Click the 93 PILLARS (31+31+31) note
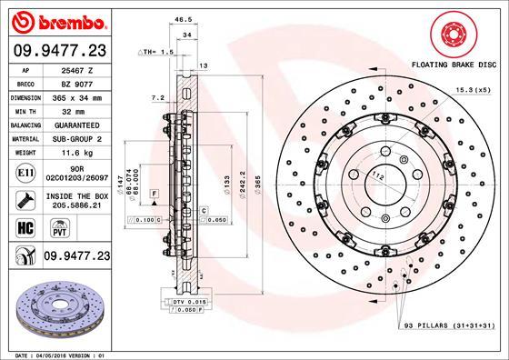[x=444, y=325]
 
